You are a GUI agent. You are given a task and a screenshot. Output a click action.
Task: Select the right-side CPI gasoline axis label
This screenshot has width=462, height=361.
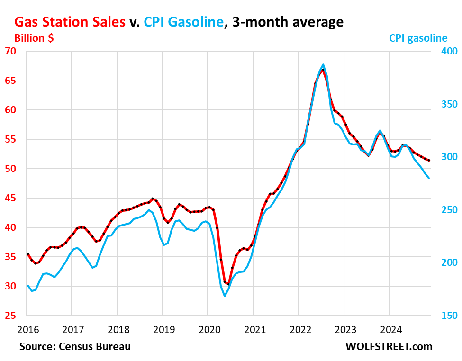418,38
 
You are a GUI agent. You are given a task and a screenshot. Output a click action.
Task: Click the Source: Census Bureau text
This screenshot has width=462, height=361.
75,347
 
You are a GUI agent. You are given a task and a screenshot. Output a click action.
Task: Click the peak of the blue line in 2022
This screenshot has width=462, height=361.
323,64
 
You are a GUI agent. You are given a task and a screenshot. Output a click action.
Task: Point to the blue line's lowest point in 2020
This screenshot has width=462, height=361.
225,296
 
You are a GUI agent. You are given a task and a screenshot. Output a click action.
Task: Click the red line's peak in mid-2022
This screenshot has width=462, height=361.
323,70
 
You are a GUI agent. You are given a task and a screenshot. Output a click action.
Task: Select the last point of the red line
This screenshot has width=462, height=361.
429,161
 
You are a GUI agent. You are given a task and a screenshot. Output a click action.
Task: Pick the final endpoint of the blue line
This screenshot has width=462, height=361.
429,178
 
